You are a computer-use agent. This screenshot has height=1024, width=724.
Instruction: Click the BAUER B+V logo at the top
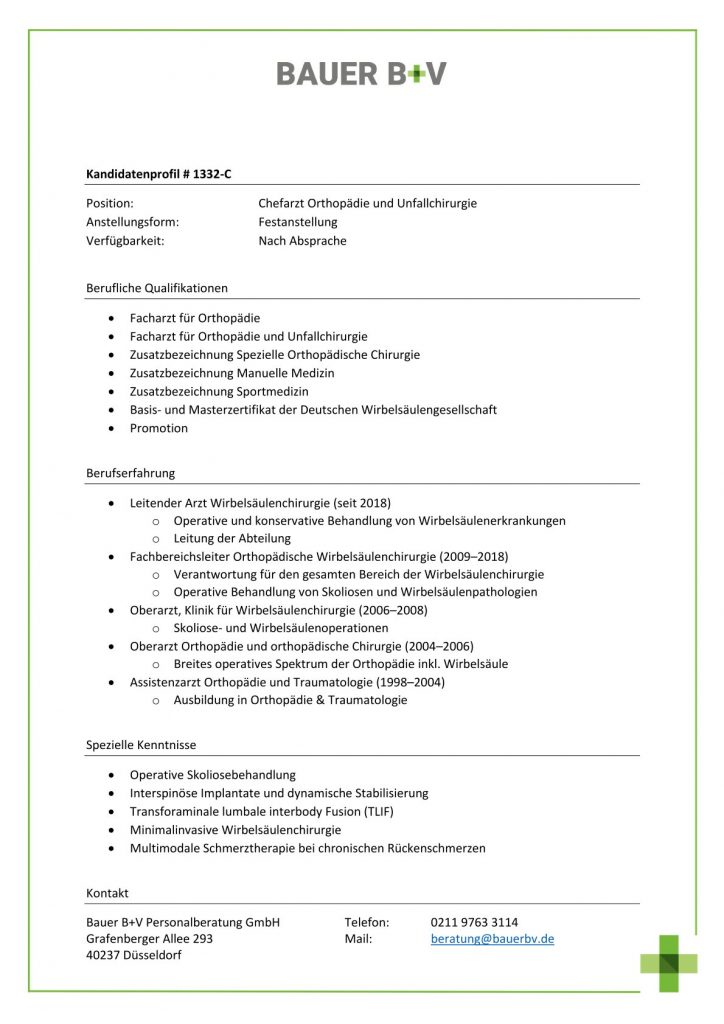[x=361, y=73]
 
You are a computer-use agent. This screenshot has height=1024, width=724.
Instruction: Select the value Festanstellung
[x=298, y=222]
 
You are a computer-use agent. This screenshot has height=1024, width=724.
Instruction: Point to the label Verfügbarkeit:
[x=126, y=241]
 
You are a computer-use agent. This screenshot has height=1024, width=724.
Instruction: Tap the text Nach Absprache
[x=302, y=241]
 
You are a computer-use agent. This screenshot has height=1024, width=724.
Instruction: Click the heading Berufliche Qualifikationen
[x=157, y=288]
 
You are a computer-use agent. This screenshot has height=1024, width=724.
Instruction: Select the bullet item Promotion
[x=158, y=428]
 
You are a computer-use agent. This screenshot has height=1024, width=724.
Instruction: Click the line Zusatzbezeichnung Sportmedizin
[x=219, y=391]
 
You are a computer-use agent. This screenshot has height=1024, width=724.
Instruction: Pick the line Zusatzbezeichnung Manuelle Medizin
[x=232, y=373]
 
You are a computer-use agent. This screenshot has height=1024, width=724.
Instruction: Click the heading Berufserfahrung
[x=130, y=473]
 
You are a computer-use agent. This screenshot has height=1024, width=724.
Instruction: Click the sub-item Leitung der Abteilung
[x=232, y=538]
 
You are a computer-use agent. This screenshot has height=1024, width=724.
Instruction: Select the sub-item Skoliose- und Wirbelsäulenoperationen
[x=280, y=628]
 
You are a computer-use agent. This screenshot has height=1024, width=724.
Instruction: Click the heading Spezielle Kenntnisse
[x=141, y=745]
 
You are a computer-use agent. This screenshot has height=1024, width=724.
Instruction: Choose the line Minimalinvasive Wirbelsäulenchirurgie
[x=235, y=830]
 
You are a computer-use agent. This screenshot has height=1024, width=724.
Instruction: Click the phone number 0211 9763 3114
[x=474, y=922]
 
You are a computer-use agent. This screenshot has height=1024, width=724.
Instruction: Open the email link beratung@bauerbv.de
[x=492, y=939]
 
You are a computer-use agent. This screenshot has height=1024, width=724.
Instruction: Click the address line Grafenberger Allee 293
[x=149, y=939]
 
